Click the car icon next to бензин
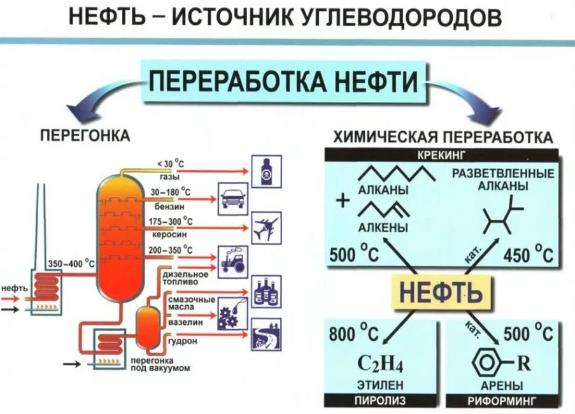233,199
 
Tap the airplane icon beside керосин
266,227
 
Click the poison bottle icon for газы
266,171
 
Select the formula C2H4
380,364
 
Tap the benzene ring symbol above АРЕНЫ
487,364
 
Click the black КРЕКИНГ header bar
442,155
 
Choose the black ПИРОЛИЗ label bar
380,401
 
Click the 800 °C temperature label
353,332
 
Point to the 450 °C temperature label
528,255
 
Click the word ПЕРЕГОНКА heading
85,136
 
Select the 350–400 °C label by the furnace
71,263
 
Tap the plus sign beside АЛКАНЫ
344,201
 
